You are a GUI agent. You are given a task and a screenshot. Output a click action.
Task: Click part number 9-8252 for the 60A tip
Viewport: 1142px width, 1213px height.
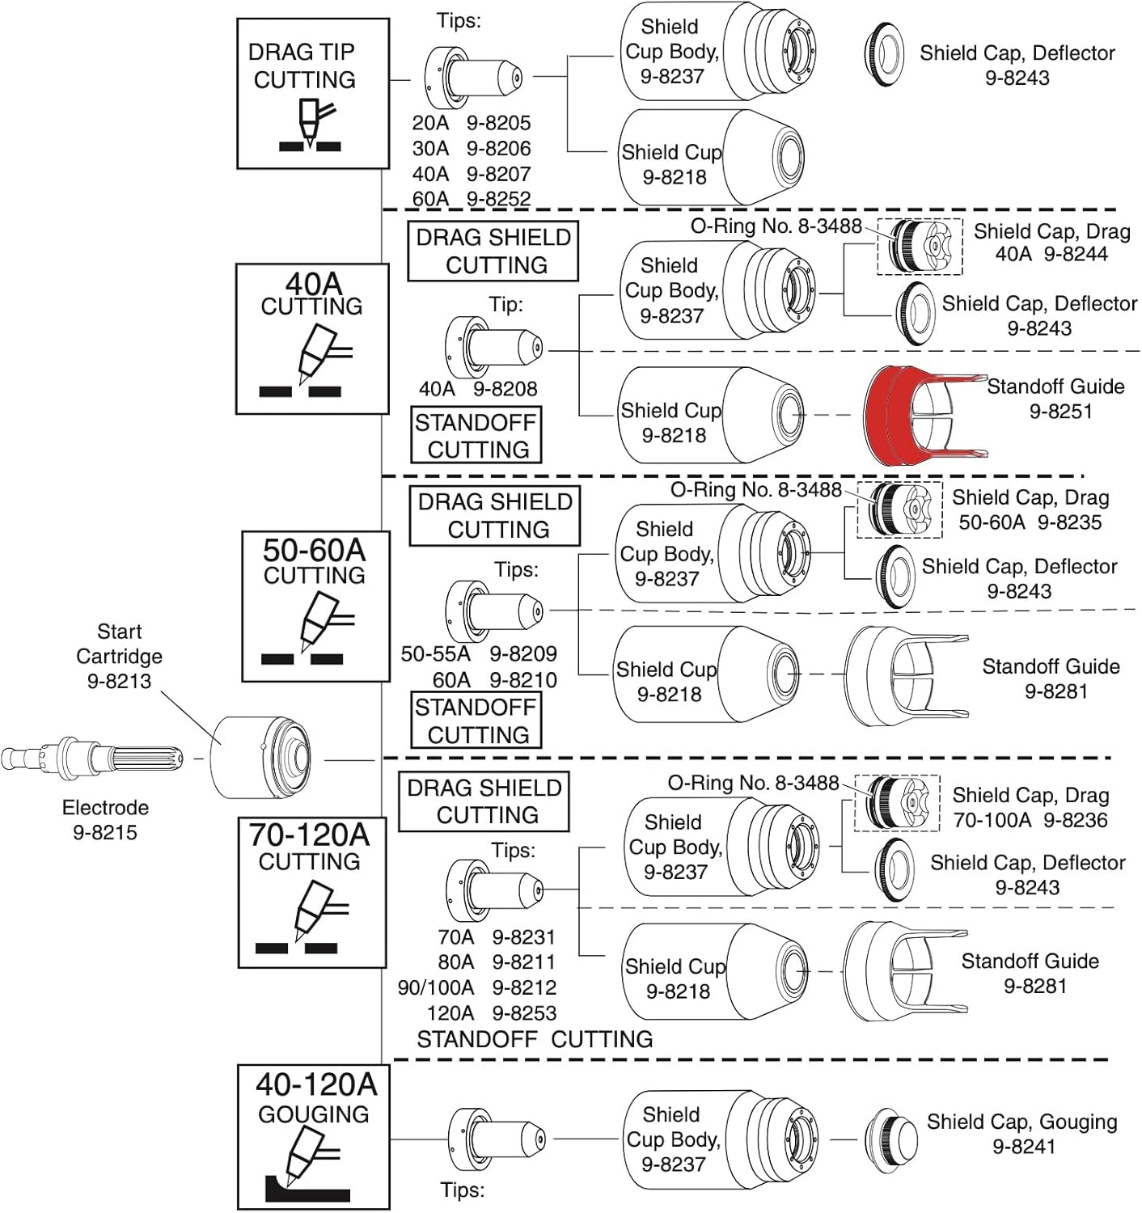coord(498,198)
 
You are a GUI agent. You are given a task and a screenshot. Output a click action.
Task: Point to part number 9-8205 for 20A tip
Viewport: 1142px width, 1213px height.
coord(498,123)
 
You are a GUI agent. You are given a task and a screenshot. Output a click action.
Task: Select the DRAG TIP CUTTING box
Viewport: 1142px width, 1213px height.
coord(312,94)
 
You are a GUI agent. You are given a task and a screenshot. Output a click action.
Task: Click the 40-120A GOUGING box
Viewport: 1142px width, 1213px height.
coord(313,1135)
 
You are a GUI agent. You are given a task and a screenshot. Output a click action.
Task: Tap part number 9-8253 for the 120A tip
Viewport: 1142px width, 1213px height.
coord(524,1012)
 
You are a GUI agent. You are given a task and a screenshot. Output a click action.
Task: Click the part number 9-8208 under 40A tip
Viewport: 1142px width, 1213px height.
coord(505,389)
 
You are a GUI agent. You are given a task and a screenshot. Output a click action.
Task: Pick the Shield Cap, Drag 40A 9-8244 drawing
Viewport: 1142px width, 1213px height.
coord(920,246)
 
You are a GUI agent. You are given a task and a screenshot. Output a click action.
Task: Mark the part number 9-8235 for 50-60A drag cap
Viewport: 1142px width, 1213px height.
coord(1069,522)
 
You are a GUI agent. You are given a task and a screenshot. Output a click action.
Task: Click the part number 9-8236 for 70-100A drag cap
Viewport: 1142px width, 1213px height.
coord(1075,820)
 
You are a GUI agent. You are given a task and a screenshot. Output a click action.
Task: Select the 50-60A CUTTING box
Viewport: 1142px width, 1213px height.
coord(315,606)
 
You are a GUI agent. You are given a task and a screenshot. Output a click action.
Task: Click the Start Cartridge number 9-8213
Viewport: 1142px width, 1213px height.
coord(119,681)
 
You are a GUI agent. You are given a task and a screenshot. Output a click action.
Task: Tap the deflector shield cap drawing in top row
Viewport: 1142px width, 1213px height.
coord(883,53)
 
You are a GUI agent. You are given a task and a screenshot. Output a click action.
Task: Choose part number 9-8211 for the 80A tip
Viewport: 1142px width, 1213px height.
coord(523,962)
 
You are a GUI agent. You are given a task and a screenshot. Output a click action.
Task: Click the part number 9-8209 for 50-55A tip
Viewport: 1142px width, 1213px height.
coord(522,653)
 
